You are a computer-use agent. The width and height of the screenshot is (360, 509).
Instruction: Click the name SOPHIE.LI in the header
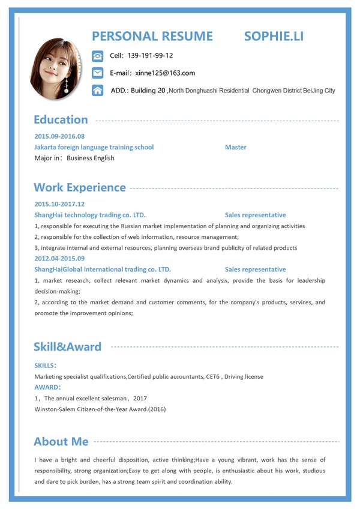[274, 36]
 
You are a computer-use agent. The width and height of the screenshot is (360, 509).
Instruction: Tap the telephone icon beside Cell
[98, 56]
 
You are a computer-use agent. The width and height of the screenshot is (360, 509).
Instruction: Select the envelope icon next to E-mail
[98, 73]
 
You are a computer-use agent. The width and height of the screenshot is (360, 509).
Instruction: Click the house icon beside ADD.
[98, 91]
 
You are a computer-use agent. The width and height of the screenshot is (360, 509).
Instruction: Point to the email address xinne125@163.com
[165, 73]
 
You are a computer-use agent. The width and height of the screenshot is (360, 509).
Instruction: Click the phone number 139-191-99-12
[151, 56]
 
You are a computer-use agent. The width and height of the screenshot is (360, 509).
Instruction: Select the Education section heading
[61, 119]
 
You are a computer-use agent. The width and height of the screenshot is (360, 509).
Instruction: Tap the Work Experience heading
[80, 187]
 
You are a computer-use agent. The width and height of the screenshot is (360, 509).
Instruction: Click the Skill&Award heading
[68, 346]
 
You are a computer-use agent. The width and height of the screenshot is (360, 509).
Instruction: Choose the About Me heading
[61, 442]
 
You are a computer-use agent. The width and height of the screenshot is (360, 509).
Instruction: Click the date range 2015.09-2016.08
[59, 136]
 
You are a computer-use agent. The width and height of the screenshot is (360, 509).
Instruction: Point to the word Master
[235, 147]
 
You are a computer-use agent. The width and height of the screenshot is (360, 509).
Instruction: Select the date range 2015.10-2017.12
[59, 204]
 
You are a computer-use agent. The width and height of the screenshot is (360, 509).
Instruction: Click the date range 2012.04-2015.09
[59, 259]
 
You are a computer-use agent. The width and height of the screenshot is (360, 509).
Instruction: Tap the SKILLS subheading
[46, 365]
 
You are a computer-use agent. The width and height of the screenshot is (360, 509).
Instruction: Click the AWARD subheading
[47, 387]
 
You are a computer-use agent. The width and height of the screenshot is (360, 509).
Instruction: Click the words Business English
[91, 158]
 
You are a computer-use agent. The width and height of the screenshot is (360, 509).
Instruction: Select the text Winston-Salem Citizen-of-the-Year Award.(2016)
[100, 409]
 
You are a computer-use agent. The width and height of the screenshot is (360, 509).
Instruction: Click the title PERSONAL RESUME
[152, 36]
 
